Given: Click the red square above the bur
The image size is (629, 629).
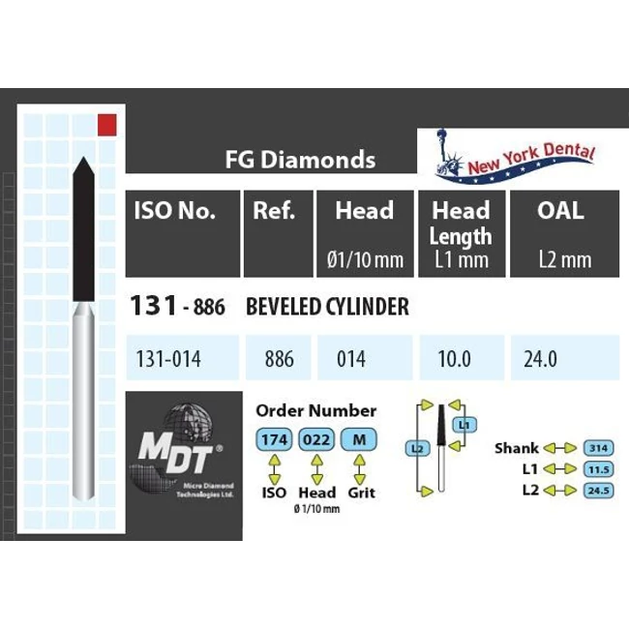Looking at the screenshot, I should pos(107,124).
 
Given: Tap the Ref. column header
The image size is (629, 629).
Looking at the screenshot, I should pos(274,211).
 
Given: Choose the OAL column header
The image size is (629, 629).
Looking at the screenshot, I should pos(560,211).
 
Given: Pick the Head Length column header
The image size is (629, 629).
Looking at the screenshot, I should pos(461,225).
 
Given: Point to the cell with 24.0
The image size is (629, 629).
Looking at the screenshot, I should pos(540,359).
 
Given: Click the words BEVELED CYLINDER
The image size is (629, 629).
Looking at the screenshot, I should pos(327,308).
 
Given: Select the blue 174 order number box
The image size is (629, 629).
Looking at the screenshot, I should pos(274,440).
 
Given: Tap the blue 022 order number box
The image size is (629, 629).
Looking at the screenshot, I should pos(316,440).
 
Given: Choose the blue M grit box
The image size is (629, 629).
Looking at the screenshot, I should pos(359,440).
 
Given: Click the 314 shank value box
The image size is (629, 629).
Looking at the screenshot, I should pos(598,448).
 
